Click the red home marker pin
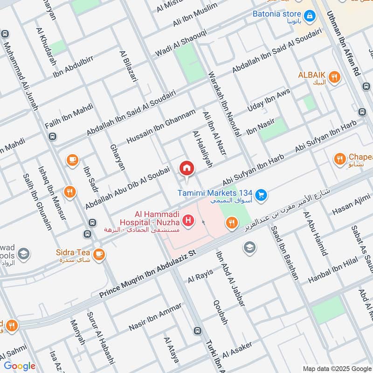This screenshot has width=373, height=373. pyautogui.click(x=186, y=168)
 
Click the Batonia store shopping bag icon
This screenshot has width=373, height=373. pyautogui.click(x=310, y=16)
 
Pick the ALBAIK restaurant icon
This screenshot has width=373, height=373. pyautogui.click(x=334, y=77)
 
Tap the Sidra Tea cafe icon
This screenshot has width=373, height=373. pyautogui.click(x=98, y=254)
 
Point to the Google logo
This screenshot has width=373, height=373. pyautogui.click(x=20, y=366)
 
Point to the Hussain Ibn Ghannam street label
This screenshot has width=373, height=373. pyautogui.click(x=161, y=126)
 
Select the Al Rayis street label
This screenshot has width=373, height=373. pyautogui.click(x=200, y=276)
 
